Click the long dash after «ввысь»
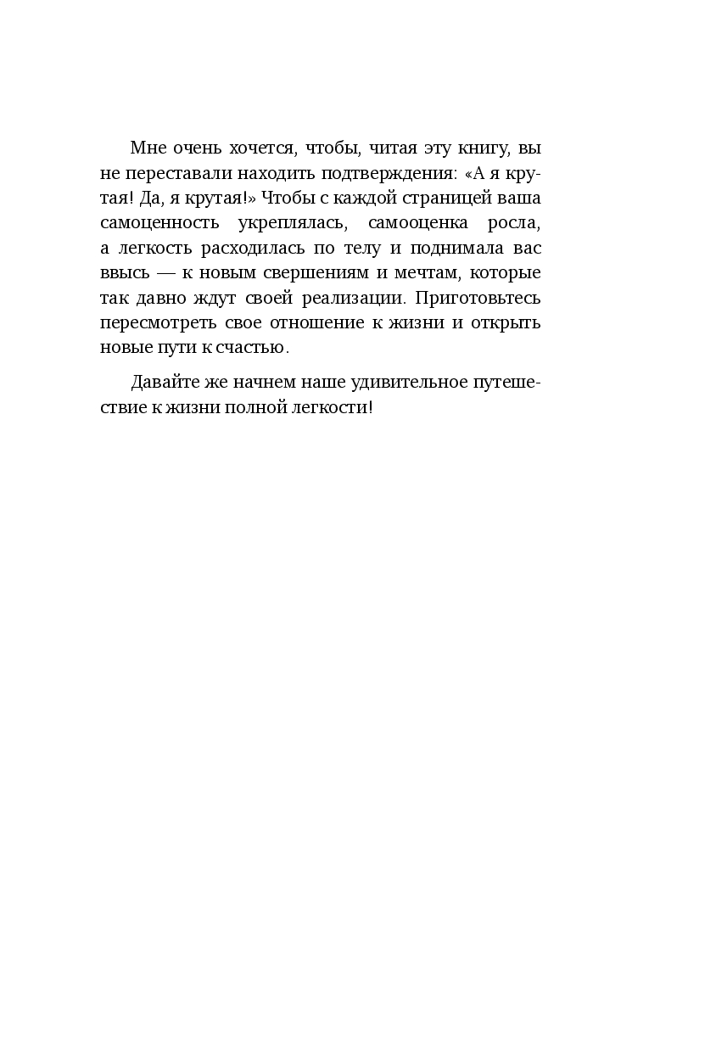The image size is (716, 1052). [x=176, y=273]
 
